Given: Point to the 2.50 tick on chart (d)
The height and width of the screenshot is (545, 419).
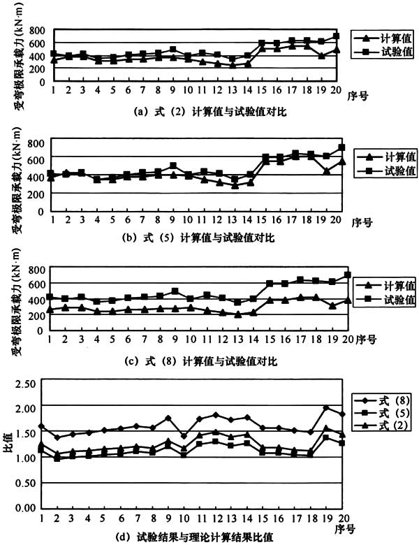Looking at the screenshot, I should pyautogui.click(x=25, y=383).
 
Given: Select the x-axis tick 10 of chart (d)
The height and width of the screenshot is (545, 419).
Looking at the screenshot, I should pyautogui.click(x=184, y=518).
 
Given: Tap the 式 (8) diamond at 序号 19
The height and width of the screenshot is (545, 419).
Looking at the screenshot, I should pyautogui.click(x=326, y=408).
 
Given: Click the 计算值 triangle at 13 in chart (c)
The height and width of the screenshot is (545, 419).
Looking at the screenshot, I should pyautogui.click(x=237, y=314).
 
